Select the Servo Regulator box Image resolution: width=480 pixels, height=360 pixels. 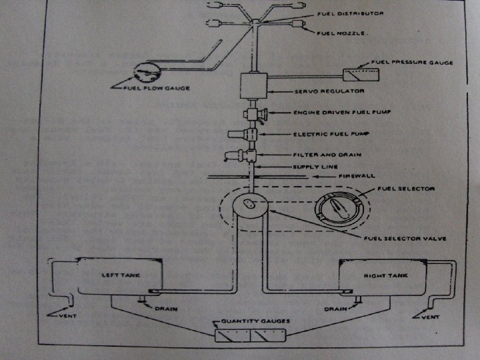click(x=253, y=87)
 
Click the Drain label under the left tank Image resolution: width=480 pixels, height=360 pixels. click(x=165, y=309)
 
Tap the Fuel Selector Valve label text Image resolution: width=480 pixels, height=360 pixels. click(x=400, y=238)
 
